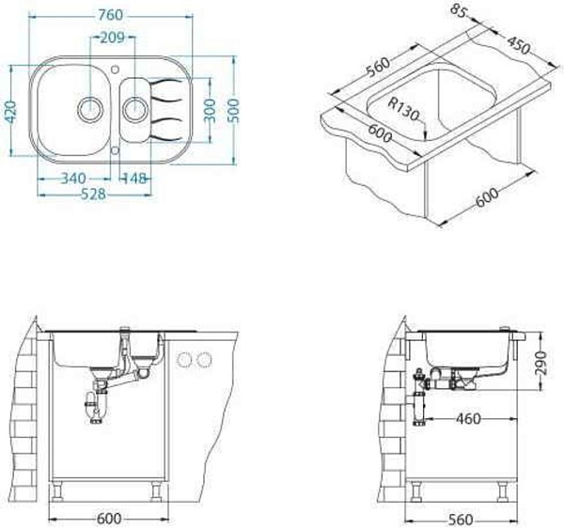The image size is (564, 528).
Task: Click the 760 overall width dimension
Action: pos(110,15)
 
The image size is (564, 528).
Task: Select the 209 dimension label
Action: pos(112,38)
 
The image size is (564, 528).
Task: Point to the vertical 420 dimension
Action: pos(11,112)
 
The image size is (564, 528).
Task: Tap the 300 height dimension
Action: pos(210,110)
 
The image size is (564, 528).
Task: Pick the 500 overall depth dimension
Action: pos(234,110)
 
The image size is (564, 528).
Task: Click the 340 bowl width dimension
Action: pos(73,179)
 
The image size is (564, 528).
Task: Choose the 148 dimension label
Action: pos(134,179)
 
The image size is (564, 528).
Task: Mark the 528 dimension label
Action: pos(93,194)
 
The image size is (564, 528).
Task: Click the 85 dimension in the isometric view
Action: pos(459,10)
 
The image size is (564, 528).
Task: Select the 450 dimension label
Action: pos(519,45)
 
